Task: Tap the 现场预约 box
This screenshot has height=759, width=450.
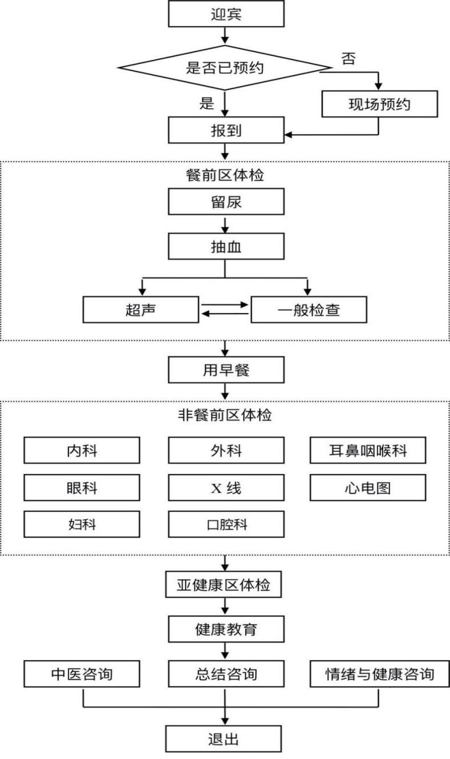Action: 379,105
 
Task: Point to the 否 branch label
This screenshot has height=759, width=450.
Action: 348,59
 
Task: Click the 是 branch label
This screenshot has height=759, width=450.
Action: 206,103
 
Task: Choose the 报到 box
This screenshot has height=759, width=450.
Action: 226,131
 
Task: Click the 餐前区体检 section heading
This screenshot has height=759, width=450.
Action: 226,176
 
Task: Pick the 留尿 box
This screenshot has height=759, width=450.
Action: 226,202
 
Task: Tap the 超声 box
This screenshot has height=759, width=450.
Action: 140,309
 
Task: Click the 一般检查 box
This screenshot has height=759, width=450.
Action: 308,309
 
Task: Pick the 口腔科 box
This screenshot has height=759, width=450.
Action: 226,524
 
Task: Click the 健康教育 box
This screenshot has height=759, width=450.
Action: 226,630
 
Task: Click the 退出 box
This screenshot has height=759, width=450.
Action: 223,740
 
